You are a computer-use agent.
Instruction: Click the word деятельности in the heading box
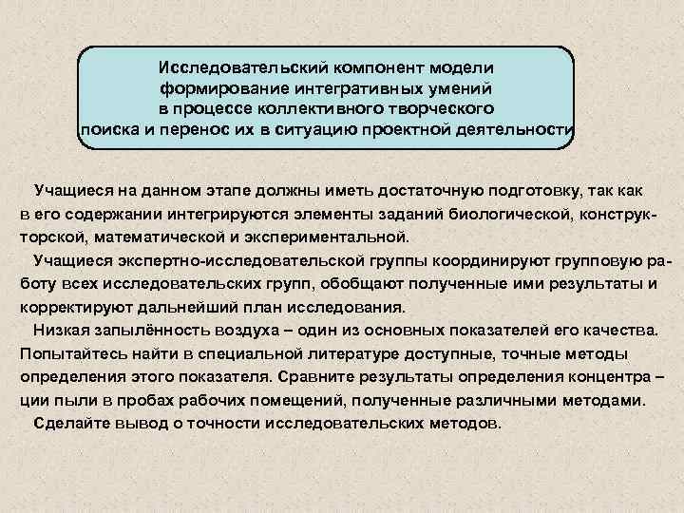pos(519,129)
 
